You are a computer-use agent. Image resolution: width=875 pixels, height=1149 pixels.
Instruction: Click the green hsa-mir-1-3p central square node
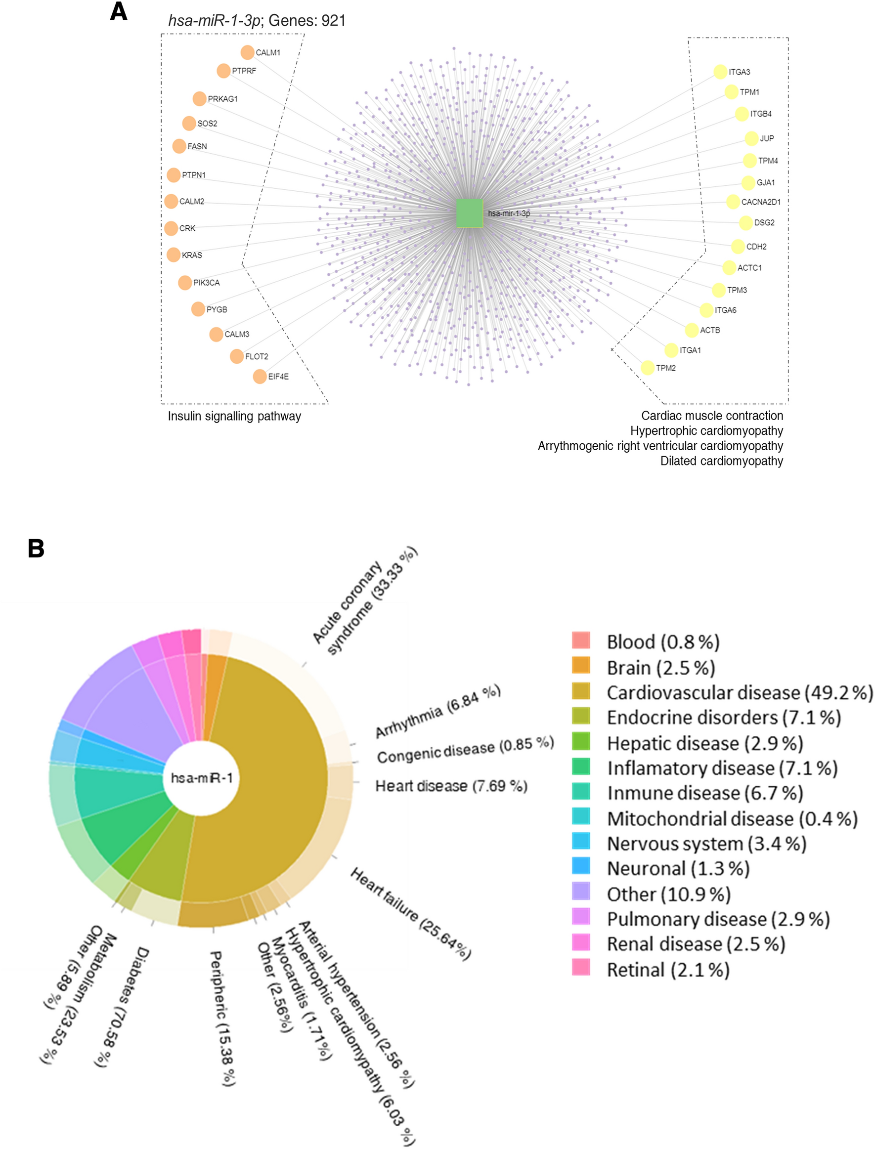point(469,213)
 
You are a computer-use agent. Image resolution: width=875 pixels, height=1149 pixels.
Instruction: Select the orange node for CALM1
point(247,52)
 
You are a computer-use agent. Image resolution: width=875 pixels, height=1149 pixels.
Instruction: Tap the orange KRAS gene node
point(174,255)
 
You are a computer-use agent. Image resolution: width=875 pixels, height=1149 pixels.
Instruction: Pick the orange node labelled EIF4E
point(260,377)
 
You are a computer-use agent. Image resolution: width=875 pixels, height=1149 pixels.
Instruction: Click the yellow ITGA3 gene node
point(720,72)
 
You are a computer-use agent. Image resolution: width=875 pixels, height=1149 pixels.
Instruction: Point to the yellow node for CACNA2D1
point(733,202)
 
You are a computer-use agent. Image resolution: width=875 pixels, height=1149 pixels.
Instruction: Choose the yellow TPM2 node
point(648,368)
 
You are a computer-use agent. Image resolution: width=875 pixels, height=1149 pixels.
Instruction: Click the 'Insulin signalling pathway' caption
point(234,416)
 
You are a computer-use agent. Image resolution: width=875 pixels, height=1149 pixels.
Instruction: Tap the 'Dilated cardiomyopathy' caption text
point(721,461)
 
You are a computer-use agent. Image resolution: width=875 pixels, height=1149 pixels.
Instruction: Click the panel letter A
point(119,11)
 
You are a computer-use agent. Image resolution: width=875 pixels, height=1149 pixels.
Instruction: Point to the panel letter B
point(36,548)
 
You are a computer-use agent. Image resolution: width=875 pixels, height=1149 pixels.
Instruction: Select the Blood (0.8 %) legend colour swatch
point(581,640)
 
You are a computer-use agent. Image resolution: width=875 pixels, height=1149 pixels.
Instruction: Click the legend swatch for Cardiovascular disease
point(581,691)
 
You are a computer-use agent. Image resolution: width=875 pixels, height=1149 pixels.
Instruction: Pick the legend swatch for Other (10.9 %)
point(581,891)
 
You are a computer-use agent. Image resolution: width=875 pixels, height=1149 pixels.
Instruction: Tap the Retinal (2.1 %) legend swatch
point(581,967)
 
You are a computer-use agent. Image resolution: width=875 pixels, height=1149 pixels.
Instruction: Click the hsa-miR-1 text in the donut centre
point(202,778)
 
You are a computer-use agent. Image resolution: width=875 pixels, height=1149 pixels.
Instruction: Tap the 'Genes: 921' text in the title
point(307,20)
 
